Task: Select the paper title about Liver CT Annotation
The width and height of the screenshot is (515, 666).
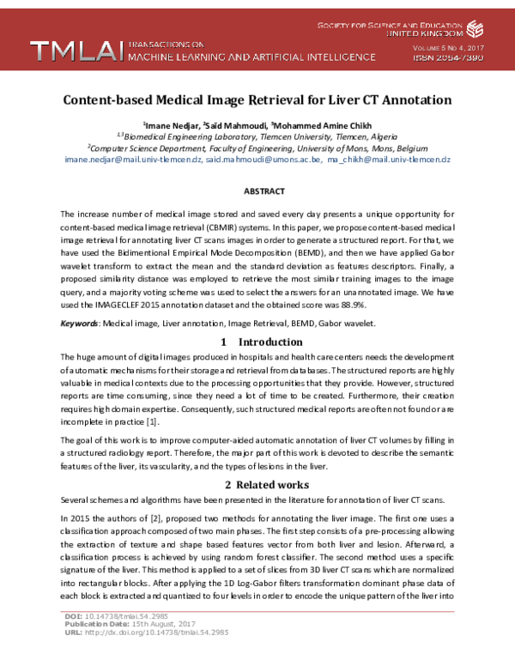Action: click(x=257, y=100)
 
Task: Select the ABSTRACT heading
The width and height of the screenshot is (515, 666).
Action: click(x=257, y=191)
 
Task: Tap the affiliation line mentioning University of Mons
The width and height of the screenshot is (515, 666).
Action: click(x=257, y=147)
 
